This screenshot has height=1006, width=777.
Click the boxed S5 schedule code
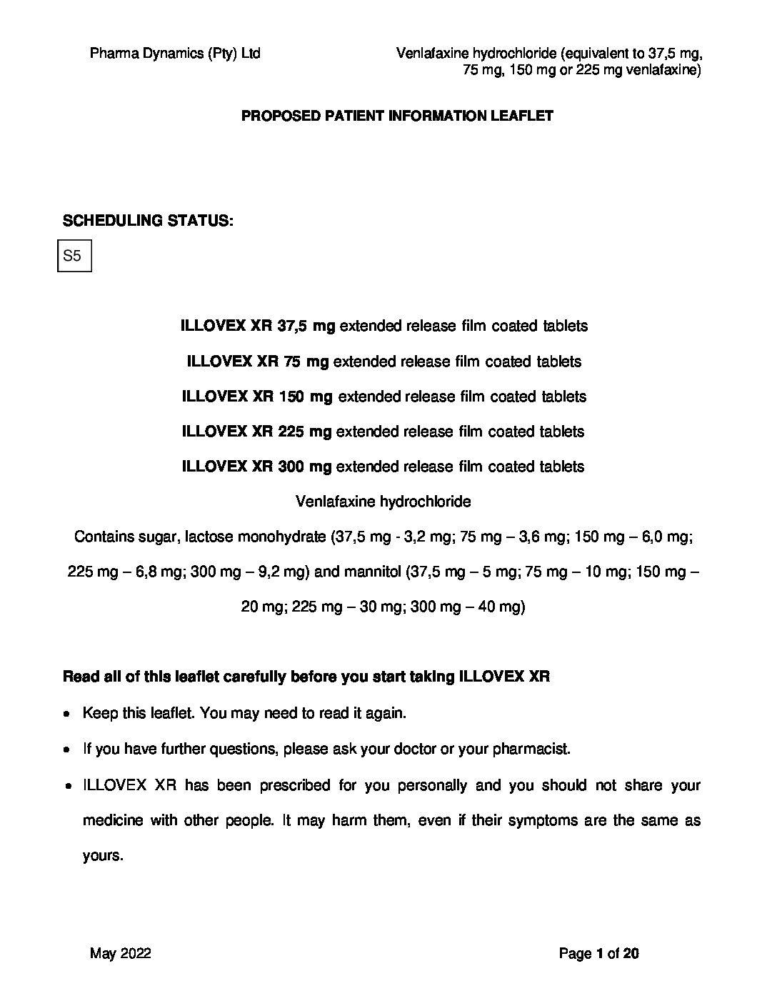pos(74,256)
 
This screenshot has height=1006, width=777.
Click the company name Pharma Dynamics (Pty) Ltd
pos(175,53)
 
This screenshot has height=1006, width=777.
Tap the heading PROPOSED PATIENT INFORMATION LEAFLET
pos(397,116)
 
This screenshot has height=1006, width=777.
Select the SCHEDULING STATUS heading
pos(148,220)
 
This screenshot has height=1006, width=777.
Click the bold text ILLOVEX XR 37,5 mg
pos(258,326)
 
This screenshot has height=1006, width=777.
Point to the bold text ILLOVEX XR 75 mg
pos(258,362)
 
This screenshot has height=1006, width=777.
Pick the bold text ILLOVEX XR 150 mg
pos(257,397)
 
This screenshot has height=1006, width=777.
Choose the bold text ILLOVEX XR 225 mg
pos(257,432)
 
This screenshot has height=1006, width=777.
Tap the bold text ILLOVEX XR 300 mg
pos(257,467)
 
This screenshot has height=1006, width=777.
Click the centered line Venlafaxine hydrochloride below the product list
pos(384,502)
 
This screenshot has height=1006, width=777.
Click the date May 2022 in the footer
pos(121,953)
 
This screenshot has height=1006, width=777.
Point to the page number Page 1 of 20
pos(598,953)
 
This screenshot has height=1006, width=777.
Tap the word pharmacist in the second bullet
pos(533,749)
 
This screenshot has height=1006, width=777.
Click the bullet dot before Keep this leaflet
pos(66,714)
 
